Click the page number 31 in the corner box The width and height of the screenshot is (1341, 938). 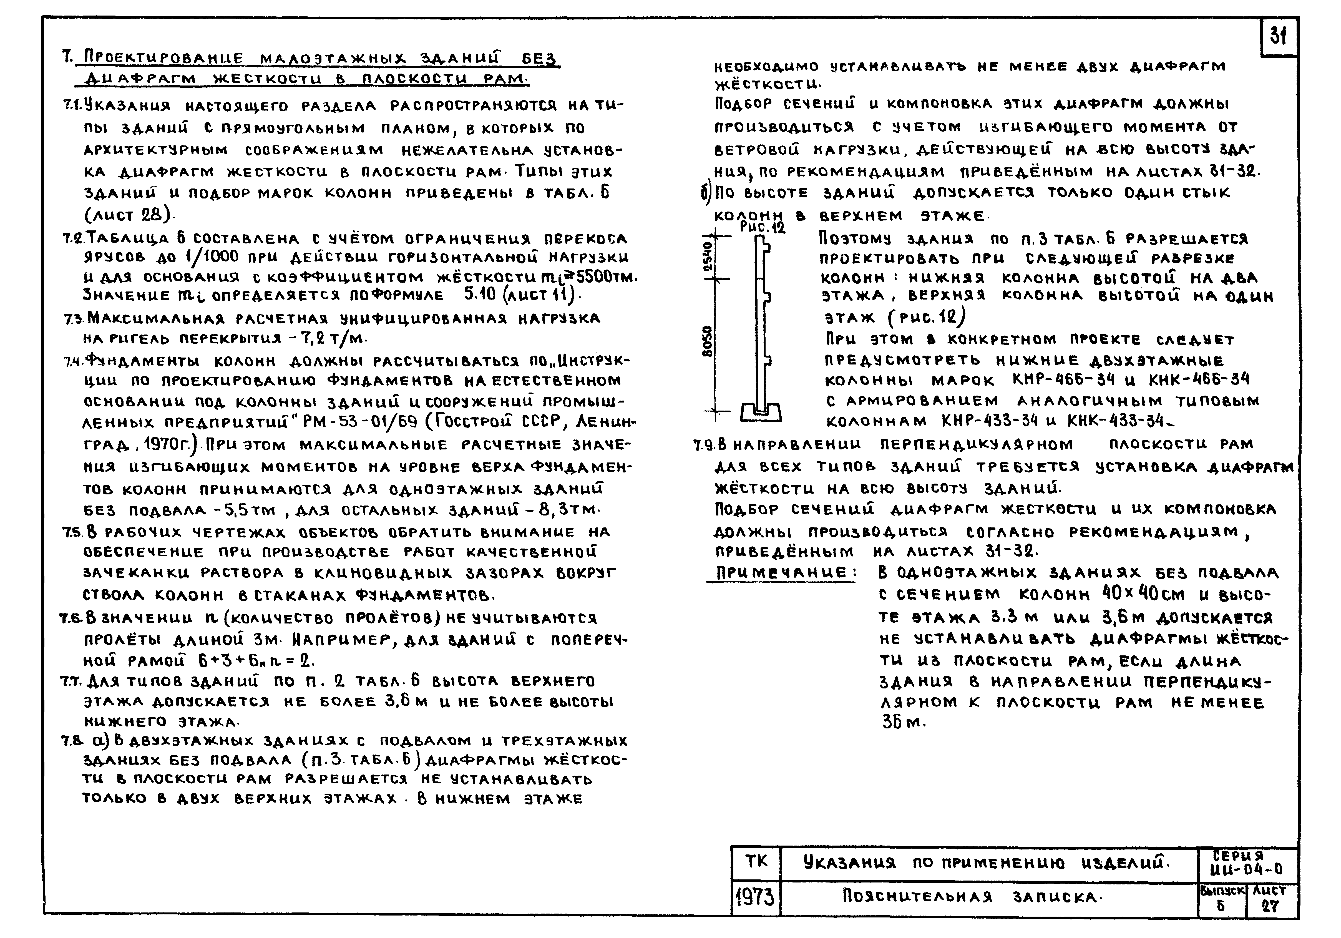[1278, 36]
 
